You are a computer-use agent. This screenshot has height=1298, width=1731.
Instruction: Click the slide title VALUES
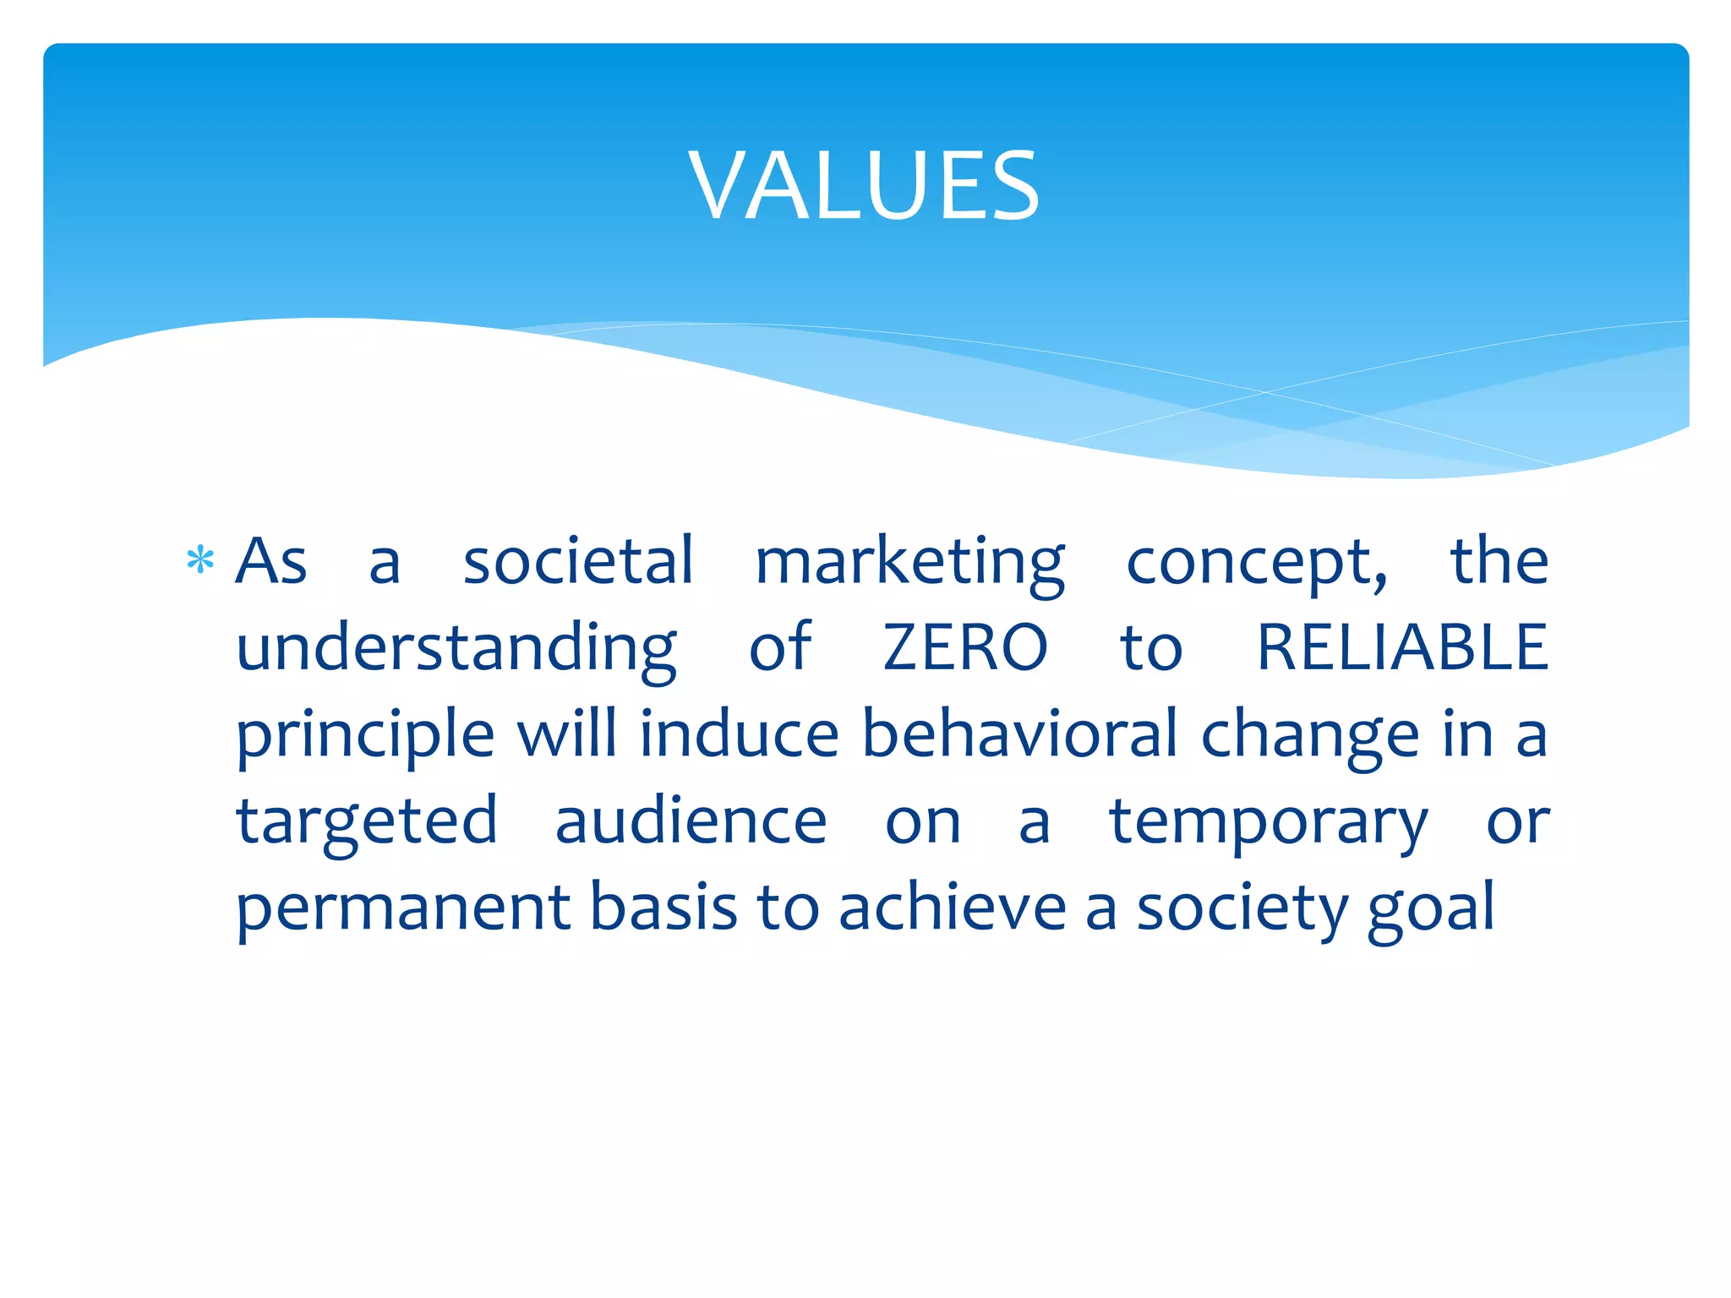[864, 186]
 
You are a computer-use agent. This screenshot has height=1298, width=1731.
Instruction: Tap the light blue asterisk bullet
[200, 560]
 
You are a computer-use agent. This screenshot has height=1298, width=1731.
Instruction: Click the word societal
[578, 561]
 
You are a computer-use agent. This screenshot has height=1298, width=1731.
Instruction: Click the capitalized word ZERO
[965, 648]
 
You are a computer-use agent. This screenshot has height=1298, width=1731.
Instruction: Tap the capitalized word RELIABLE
[1403, 648]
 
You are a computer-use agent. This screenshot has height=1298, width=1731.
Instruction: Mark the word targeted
[367, 823]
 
